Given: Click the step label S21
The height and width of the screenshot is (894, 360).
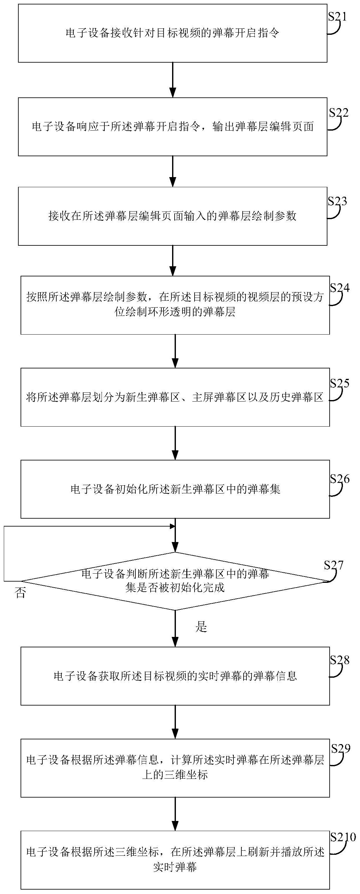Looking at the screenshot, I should (x=338, y=17).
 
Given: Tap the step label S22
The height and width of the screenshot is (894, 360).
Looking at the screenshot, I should (x=338, y=113).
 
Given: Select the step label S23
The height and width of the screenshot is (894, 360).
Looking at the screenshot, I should (x=338, y=201).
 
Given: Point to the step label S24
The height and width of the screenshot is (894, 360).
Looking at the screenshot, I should (x=339, y=288).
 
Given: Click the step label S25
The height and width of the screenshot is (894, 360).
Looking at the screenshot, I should (x=339, y=384).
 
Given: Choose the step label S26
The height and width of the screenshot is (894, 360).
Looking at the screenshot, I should (x=339, y=479).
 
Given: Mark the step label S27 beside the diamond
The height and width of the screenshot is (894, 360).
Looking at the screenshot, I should (x=334, y=565).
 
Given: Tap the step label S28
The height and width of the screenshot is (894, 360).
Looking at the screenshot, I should (x=339, y=660).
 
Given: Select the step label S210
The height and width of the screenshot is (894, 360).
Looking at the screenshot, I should (x=343, y=837).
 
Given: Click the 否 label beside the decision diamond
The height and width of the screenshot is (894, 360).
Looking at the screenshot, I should (x=21, y=593).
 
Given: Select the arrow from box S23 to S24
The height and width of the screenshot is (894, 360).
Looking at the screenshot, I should (x=172, y=261).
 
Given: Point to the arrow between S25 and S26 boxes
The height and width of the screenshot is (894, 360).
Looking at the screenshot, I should (x=175, y=443).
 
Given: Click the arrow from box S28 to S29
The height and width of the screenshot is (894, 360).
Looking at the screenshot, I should (x=175, y=722).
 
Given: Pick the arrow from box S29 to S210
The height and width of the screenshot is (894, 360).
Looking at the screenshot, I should (x=175, y=814).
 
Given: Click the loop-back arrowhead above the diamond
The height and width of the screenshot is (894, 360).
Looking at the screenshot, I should (x=172, y=527).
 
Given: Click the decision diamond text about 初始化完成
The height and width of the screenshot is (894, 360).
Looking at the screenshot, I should (x=175, y=588).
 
